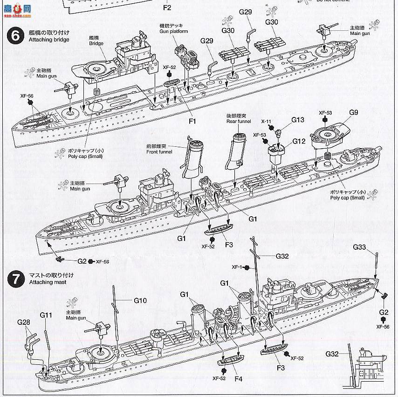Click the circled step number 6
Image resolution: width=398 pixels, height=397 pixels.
coord(16,36)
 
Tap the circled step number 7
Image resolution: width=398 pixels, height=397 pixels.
coord(16,279)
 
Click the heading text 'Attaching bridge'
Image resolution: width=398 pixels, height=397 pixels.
coord(49,40)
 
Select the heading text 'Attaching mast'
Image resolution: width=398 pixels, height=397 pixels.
coord(47,282)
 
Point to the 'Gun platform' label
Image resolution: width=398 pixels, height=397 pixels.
coord(175,31)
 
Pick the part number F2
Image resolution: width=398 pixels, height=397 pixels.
coord(167,8)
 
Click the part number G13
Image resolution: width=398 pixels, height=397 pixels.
coord(298,120)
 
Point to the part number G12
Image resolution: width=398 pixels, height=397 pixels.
coord(299,141)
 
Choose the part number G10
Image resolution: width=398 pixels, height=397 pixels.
coord(140,301)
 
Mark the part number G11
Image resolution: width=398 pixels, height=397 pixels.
coord(46,315)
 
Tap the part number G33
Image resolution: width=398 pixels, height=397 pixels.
coord(359,247)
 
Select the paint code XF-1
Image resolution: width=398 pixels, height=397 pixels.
coord(238,267)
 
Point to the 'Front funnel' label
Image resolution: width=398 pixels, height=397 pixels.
coord(159,152)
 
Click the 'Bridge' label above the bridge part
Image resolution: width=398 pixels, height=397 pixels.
coord(96,43)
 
